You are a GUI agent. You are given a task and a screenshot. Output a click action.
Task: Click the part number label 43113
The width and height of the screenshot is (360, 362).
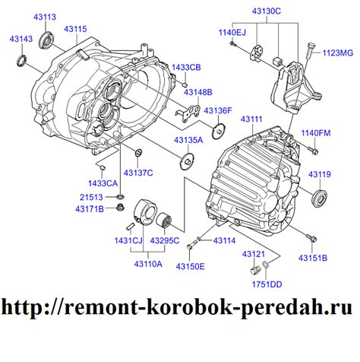pyautogui.click(x=45, y=16)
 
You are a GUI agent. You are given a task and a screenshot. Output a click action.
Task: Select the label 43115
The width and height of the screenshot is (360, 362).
pyautogui.click(x=75, y=29)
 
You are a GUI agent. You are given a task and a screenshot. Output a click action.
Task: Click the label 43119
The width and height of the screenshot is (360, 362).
pyautogui.click(x=320, y=175)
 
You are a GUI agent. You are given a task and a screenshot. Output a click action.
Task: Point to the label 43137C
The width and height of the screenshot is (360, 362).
pyautogui.click(x=139, y=173)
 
